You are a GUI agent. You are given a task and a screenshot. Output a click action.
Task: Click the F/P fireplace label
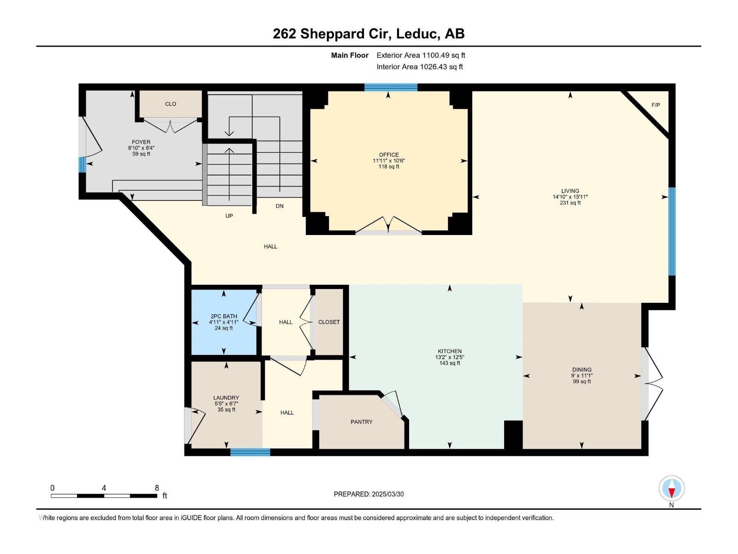point(655,105)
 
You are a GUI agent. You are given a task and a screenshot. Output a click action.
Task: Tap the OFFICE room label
point(389,155)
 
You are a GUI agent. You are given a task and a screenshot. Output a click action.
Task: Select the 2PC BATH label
point(224,316)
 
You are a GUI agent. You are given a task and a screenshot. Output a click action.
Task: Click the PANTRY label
point(361,422)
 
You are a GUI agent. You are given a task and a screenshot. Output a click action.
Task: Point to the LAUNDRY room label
point(226,397)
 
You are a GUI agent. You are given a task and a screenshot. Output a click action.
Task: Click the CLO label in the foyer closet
point(171,104)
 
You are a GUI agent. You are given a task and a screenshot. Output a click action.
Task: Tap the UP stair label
point(229,216)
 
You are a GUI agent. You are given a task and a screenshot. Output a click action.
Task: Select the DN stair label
point(280,206)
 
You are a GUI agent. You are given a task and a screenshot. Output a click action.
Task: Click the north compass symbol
point(672,488)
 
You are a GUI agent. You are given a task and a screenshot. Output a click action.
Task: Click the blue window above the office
point(391,87)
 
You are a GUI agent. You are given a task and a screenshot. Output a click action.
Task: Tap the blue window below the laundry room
point(250,452)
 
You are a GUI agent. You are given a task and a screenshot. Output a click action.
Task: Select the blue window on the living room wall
point(672,231)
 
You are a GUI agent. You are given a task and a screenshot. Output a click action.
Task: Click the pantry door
point(393,403)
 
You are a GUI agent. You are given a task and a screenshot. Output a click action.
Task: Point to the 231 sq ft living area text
point(570,203)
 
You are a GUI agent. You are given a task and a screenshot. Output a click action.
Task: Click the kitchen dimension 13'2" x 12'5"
point(450,357)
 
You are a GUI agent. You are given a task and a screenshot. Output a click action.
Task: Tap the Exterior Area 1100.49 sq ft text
point(421,55)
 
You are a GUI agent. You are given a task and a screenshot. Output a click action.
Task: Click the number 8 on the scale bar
point(157,488)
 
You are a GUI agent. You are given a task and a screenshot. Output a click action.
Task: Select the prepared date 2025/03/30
point(387,494)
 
